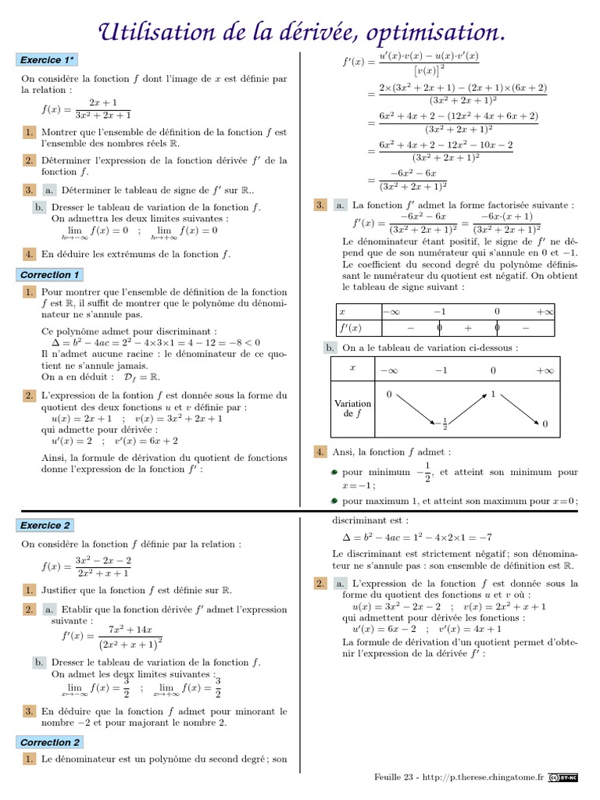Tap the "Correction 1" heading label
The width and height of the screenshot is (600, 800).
49,274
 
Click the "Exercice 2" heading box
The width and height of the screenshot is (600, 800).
45,525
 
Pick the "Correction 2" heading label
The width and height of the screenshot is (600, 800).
49,741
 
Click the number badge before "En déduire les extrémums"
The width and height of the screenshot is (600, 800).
28,254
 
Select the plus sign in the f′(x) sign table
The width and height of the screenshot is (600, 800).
468,328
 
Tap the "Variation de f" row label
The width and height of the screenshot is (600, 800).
353,409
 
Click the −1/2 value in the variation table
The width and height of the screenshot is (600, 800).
444,424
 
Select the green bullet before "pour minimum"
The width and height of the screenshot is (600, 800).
334,473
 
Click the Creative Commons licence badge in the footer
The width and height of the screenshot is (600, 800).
563,777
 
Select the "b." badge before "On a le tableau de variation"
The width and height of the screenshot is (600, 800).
330,348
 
